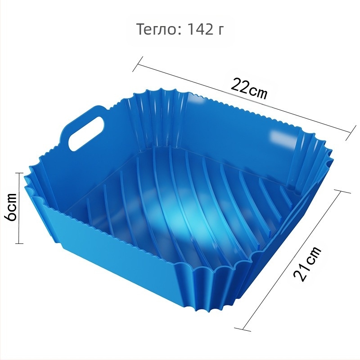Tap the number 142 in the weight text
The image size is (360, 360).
[x=198, y=29]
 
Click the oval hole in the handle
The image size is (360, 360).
[x=86, y=134]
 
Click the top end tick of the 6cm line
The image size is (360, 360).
[x=19, y=173]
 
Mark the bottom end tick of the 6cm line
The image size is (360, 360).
[x=19, y=243]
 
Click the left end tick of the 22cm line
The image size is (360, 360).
[x=138, y=64]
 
